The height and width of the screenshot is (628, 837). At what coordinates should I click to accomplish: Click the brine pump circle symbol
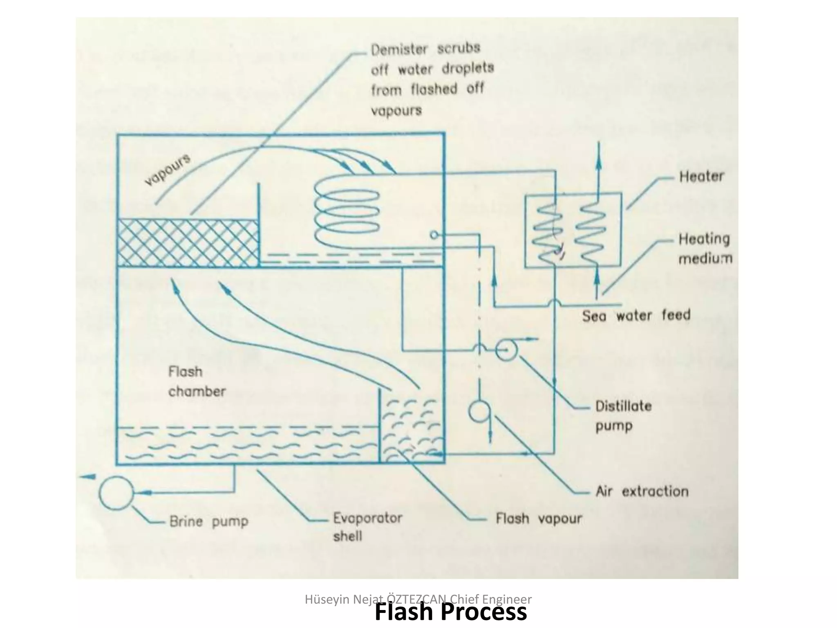click(116, 493)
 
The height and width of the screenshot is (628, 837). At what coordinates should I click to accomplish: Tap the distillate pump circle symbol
click(506, 350)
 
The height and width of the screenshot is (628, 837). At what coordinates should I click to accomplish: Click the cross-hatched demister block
click(188, 243)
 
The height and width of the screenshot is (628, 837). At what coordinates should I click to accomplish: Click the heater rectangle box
click(573, 231)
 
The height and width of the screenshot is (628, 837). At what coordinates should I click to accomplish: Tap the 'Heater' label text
click(701, 177)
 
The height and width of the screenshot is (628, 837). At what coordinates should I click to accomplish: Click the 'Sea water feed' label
click(636, 316)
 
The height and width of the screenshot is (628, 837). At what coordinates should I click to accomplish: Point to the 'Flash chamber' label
click(196, 381)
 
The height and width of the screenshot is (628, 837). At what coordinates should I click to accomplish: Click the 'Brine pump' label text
click(209, 522)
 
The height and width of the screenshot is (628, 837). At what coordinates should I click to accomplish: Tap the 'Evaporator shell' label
click(367, 527)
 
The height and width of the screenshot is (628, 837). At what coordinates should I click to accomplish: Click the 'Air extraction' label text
click(642, 491)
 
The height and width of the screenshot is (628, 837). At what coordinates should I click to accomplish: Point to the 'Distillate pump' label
click(623, 416)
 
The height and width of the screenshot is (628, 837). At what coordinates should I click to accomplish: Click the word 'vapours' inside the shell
click(168, 170)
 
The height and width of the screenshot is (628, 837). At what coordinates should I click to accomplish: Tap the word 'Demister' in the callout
click(399, 50)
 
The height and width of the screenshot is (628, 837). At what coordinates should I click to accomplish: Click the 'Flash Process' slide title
click(451, 612)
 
